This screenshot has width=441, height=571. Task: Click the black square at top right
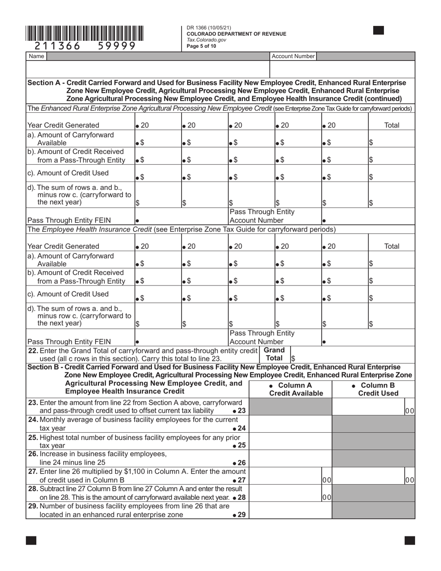point(378,31)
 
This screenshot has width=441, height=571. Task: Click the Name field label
point(36,56)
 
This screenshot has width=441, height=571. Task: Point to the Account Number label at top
point(293,56)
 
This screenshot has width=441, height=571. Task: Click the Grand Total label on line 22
point(274,354)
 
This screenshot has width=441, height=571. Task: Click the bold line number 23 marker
point(239,411)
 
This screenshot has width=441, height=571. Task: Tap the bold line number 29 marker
point(239,515)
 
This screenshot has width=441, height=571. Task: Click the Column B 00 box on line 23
point(409,411)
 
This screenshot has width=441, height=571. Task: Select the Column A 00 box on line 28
point(327,497)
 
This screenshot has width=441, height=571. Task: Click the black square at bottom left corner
point(31,540)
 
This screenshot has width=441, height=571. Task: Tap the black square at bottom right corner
point(409,540)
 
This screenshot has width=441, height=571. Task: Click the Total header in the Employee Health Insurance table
point(392,246)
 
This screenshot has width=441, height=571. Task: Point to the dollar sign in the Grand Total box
point(293,359)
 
